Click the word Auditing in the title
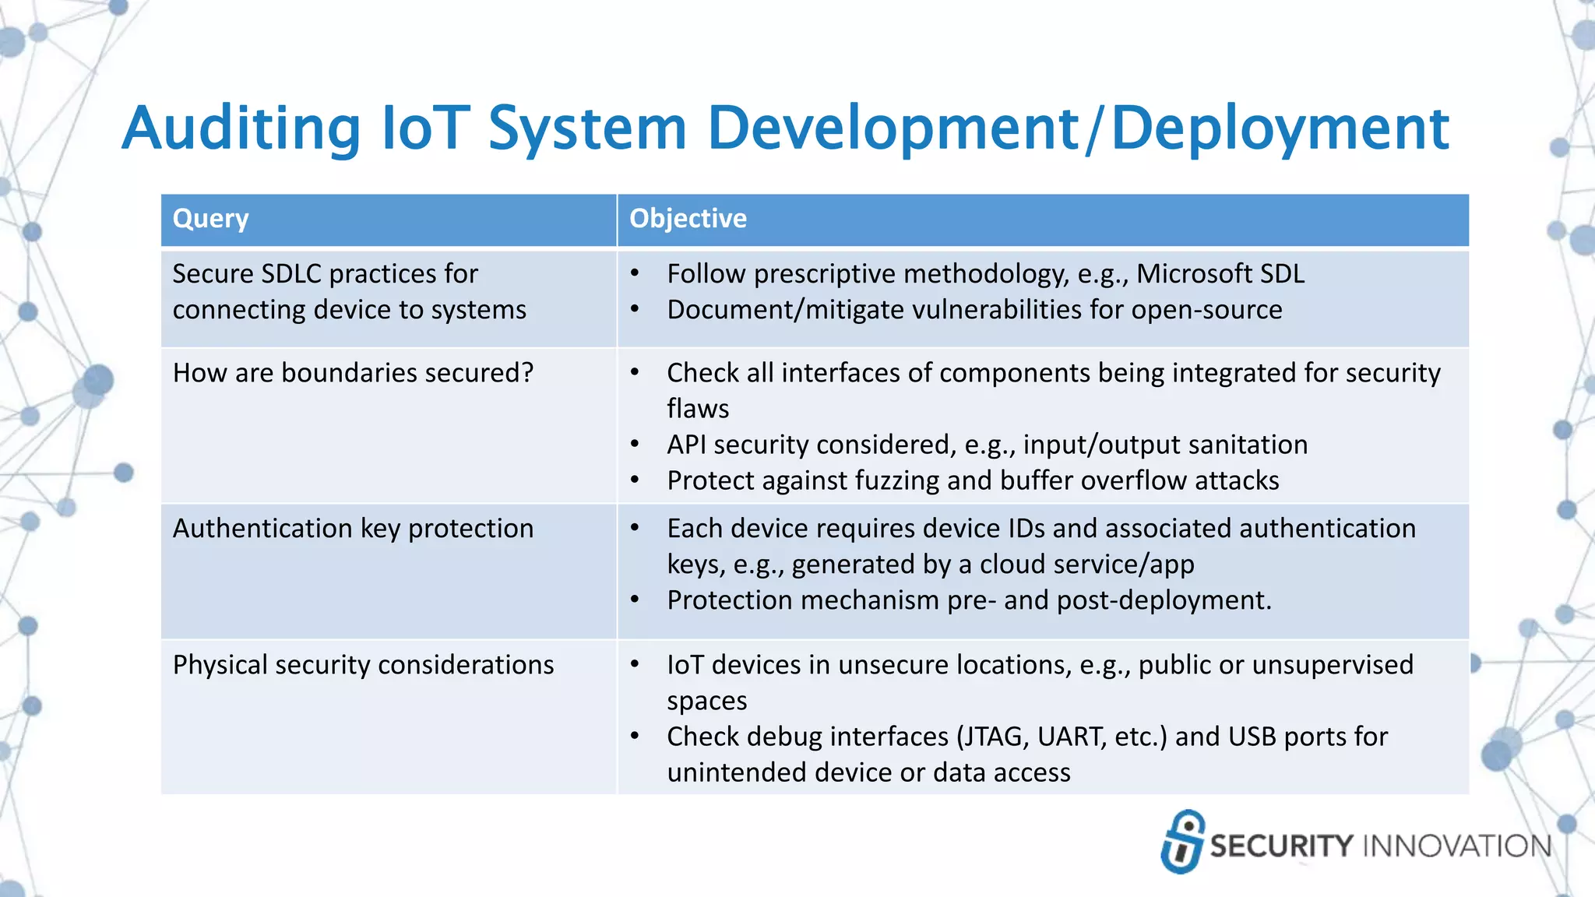[241, 128]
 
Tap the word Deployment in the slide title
[1280, 128]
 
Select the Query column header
[210, 219]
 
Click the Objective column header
[688, 219]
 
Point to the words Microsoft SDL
[1220, 274]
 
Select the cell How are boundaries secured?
[353, 373]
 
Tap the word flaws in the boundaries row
[698, 409]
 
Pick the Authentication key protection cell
[353, 529]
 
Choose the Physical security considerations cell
[363, 665]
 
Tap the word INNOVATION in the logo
[1456, 846]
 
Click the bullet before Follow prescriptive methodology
[636, 274]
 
